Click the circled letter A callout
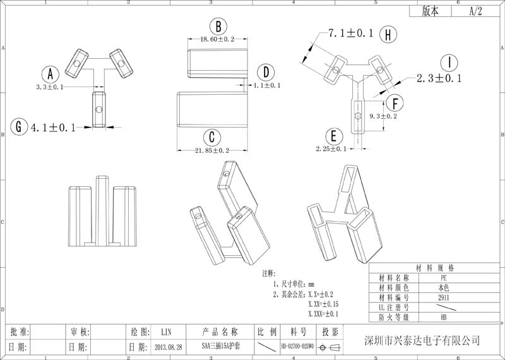50,73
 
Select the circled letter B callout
218,27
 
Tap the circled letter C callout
213,137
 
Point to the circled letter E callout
333,136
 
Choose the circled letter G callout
20,127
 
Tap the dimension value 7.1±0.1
350,33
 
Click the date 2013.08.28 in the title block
169,347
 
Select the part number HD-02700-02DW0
297,347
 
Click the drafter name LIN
166,332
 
